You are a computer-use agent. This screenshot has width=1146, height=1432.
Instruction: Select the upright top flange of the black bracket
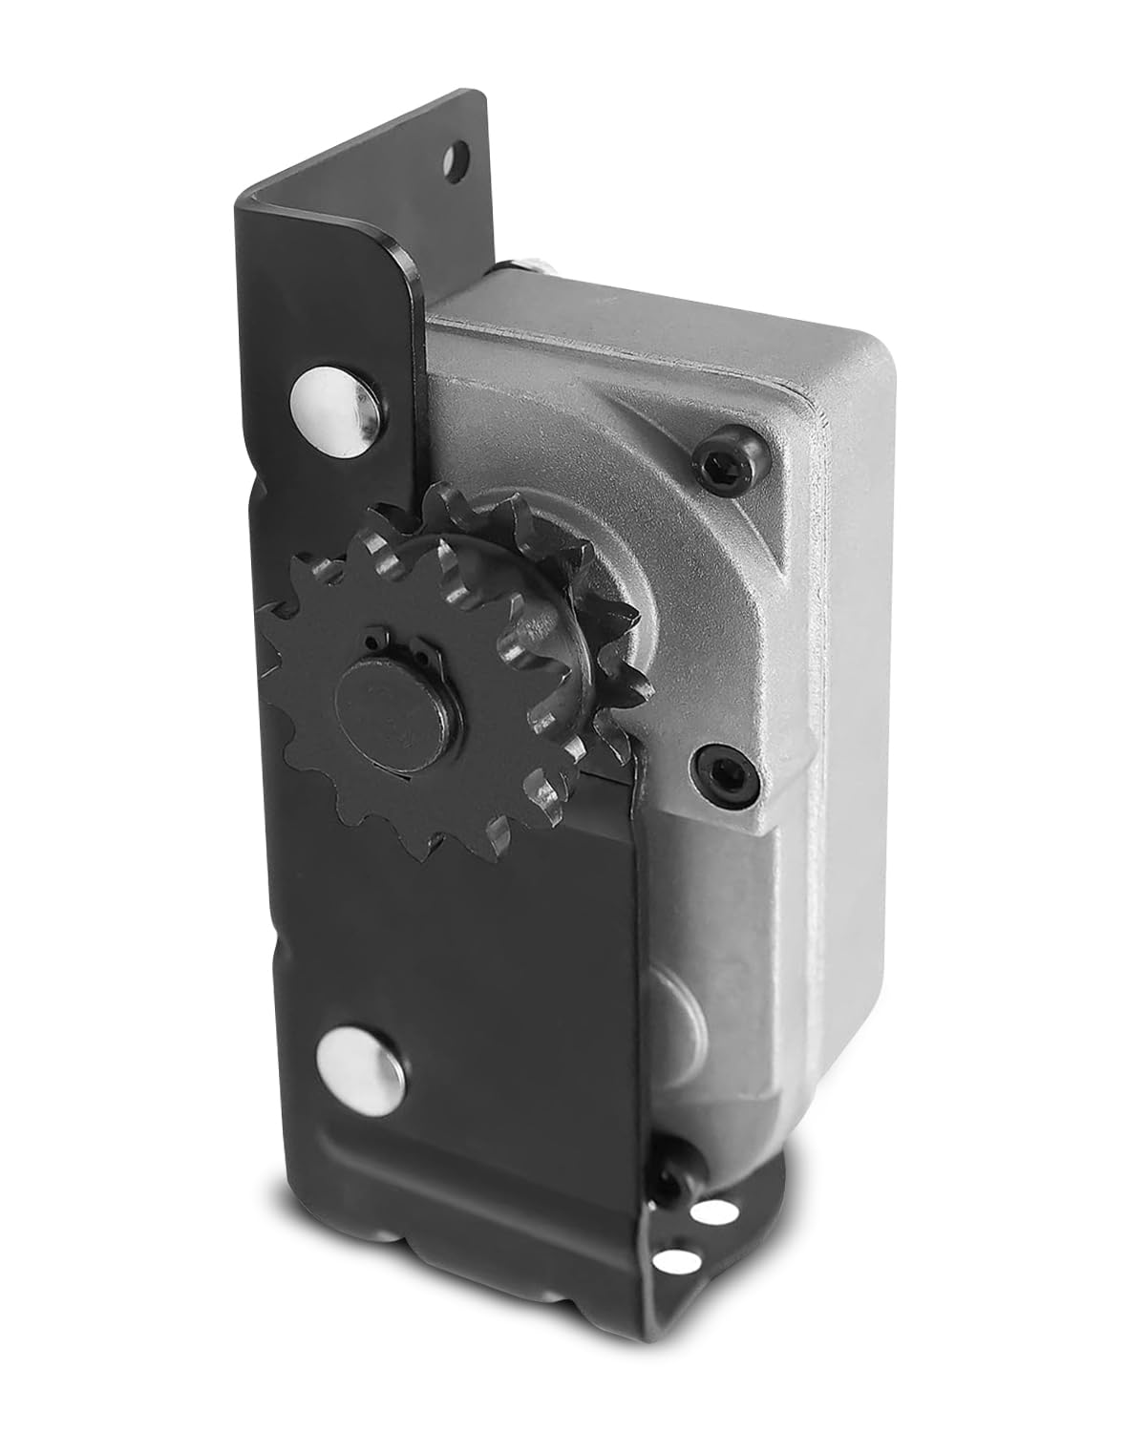[363, 210]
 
